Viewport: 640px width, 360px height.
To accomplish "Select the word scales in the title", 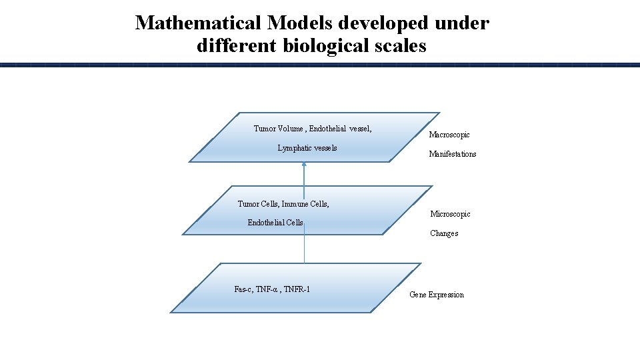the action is tap(398, 46).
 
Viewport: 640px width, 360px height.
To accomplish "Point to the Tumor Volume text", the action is tap(278, 129).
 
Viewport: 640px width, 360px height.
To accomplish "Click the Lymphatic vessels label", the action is tap(307, 148).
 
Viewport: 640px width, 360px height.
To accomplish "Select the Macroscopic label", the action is tap(449, 135).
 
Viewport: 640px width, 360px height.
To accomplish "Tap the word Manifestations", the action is tap(453, 154).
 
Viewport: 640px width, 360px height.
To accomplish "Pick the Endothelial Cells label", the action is tap(275, 223).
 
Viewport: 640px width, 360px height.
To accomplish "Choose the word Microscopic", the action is tap(450, 214).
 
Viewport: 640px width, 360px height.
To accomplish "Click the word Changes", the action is tap(444, 233).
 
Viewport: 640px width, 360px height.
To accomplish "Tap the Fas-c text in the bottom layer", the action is tap(243, 289).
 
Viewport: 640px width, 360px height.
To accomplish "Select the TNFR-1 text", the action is tap(296, 289).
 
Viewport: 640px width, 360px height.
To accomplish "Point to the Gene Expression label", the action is tap(437, 295).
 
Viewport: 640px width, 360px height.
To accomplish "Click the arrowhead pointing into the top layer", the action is tap(304, 165).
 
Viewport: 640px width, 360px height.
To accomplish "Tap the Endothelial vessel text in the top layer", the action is tap(340, 129).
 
